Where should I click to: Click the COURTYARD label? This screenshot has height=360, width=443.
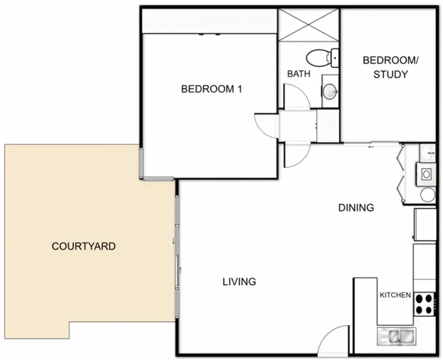[x=83, y=246]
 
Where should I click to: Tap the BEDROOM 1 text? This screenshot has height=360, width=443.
[x=212, y=89]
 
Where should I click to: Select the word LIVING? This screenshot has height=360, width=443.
[x=239, y=281]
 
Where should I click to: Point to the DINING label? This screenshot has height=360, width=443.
[x=356, y=207]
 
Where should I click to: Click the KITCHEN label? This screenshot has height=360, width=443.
[x=395, y=295]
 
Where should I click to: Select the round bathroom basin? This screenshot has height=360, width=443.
[x=330, y=91]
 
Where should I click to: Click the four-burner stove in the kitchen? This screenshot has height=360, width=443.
[x=423, y=303]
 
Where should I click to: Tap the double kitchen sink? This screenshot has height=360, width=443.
[x=397, y=336]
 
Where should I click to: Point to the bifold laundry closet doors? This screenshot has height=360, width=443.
[x=402, y=174]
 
